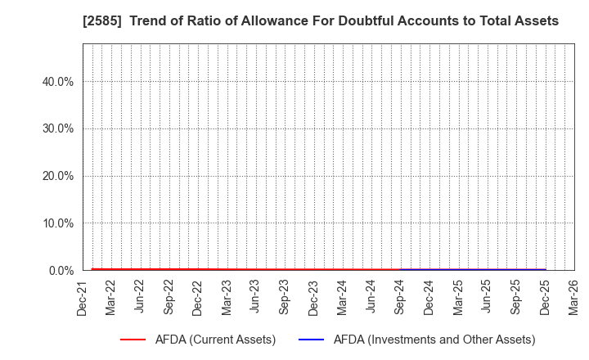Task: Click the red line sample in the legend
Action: pyautogui.click(x=138, y=340)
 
